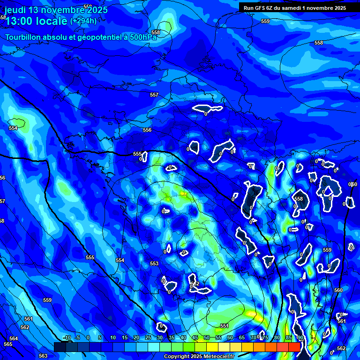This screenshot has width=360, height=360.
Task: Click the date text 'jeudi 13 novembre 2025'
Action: (56, 10)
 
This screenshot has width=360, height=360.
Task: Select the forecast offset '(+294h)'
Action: (83, 21)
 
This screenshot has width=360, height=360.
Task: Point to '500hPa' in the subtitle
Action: (142, 37)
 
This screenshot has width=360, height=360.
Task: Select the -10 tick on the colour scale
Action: (67, 337)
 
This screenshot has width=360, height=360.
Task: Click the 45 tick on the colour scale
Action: (195, 337)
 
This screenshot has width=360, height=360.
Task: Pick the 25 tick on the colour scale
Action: (148, 337)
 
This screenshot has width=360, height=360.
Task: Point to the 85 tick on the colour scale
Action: (288, 337)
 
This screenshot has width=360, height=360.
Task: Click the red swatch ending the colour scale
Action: (294, 347)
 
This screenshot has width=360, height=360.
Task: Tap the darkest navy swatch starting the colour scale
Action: (60, 347)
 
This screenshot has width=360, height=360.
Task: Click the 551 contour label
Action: (225, 326)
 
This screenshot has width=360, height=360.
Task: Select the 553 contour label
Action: (154, 264)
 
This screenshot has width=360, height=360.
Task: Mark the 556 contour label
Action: (147, 130)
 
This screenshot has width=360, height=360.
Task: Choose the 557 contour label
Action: (154, 95)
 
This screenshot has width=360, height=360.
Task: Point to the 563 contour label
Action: (43, 356)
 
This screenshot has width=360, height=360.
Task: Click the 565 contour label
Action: (8, 344)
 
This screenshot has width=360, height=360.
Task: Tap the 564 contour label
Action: (14, 338)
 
